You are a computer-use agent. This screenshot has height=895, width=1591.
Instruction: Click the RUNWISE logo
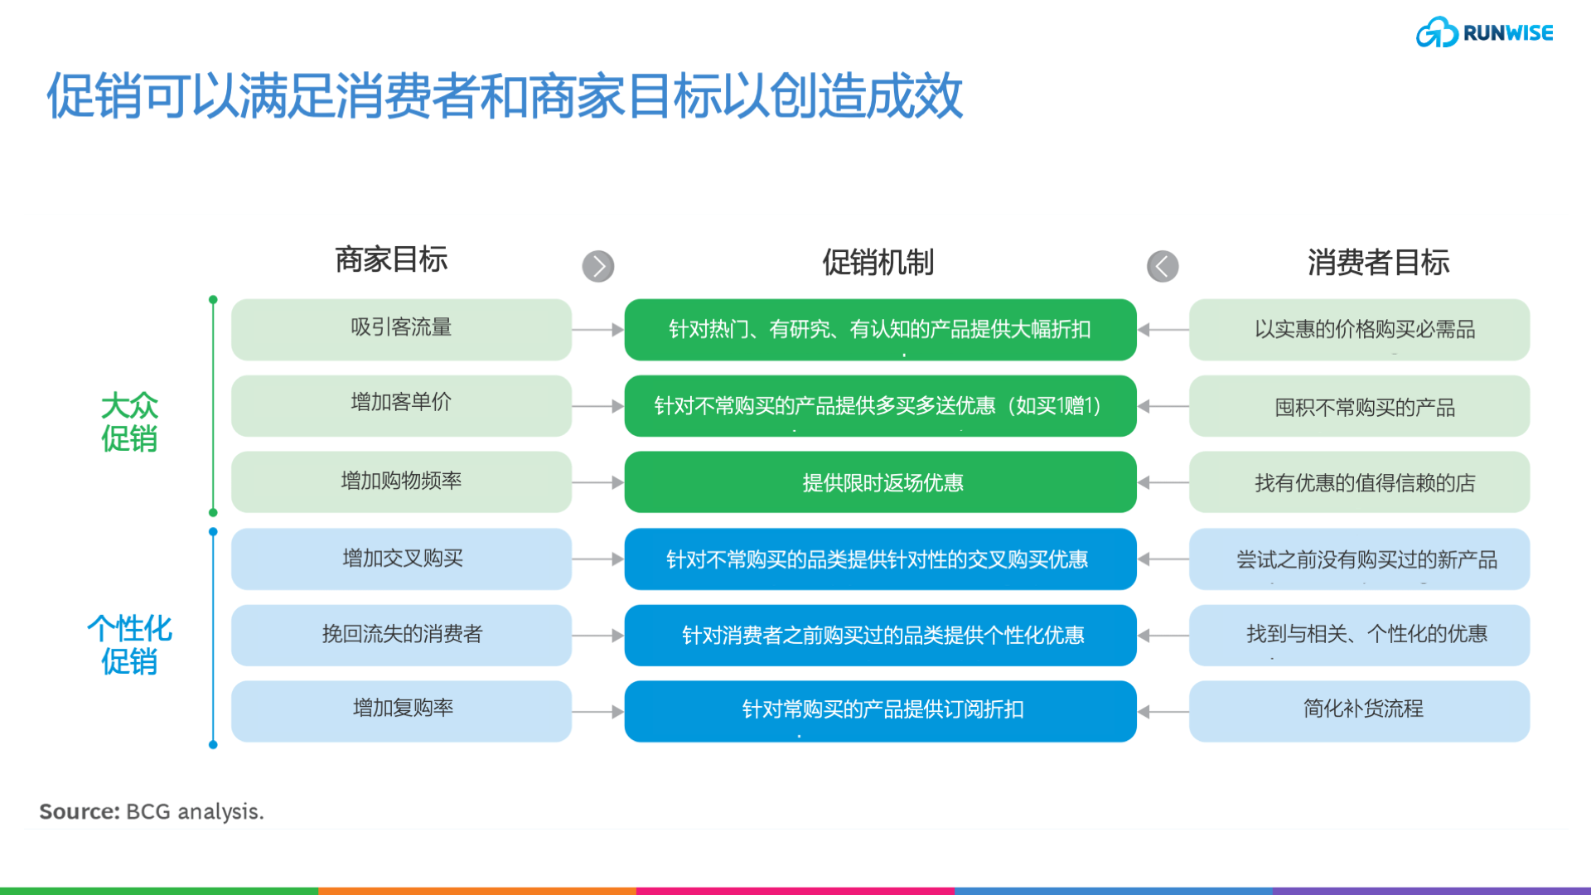1484,33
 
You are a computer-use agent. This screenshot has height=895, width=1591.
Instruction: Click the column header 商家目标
391,259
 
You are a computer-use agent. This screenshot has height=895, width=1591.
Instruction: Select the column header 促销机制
878,262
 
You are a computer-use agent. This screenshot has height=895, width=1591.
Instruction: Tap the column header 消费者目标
1378,262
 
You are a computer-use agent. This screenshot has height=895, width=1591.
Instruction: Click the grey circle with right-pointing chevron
598,266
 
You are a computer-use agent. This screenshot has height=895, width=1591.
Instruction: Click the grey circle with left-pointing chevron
1163,266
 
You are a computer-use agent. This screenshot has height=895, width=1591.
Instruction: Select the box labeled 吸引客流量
401,329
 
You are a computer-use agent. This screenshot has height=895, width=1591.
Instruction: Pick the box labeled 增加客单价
401,405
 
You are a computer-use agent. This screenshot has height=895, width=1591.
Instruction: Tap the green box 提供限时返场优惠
880,482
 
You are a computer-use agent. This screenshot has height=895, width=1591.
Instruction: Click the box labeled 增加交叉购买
401,559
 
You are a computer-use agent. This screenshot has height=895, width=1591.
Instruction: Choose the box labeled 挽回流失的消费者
401,635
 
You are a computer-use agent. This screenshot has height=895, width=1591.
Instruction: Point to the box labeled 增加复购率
401,710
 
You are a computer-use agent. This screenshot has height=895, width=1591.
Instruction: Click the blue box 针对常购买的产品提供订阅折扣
880,710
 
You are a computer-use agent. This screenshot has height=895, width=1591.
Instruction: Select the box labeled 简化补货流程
1359,710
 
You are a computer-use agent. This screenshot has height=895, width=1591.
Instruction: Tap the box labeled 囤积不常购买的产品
1359,406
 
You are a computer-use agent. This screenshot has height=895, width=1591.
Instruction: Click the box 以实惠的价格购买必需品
1359,329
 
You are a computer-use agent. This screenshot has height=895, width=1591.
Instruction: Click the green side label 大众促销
129,422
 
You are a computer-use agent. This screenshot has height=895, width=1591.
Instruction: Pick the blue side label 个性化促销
129,644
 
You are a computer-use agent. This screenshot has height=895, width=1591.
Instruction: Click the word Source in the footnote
80,811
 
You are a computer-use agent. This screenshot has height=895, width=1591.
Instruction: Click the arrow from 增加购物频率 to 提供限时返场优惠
597,482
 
